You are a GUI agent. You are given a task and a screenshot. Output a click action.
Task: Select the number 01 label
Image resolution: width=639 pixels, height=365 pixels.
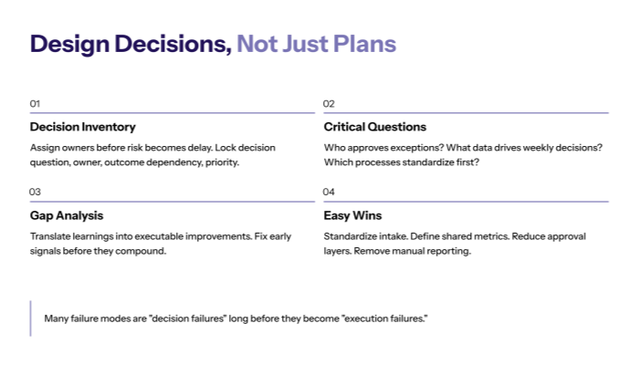coord(35,104)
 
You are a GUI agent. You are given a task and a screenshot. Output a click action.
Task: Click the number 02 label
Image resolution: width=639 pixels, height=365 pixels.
coord(329,104)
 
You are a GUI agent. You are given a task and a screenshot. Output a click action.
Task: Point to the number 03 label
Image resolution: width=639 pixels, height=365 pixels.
coord(35,193)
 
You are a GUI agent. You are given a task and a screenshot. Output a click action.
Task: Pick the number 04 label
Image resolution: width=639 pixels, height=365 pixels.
coord(329,193)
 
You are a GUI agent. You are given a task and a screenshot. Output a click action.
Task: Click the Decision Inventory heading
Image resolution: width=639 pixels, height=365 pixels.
coord(82,127)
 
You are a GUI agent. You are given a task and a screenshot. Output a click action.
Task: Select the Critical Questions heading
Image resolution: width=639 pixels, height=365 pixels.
coord(374,127)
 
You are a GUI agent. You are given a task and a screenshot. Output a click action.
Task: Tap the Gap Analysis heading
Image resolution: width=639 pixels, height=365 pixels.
coord(67,216)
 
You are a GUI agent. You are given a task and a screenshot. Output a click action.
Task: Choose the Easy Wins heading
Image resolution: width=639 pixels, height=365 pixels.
coord(353,216)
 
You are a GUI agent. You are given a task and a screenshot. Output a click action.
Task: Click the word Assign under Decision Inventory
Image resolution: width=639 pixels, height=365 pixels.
coord(46,147)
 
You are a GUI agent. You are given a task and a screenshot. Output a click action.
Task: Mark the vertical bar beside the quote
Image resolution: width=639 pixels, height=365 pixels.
coord(30,318)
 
